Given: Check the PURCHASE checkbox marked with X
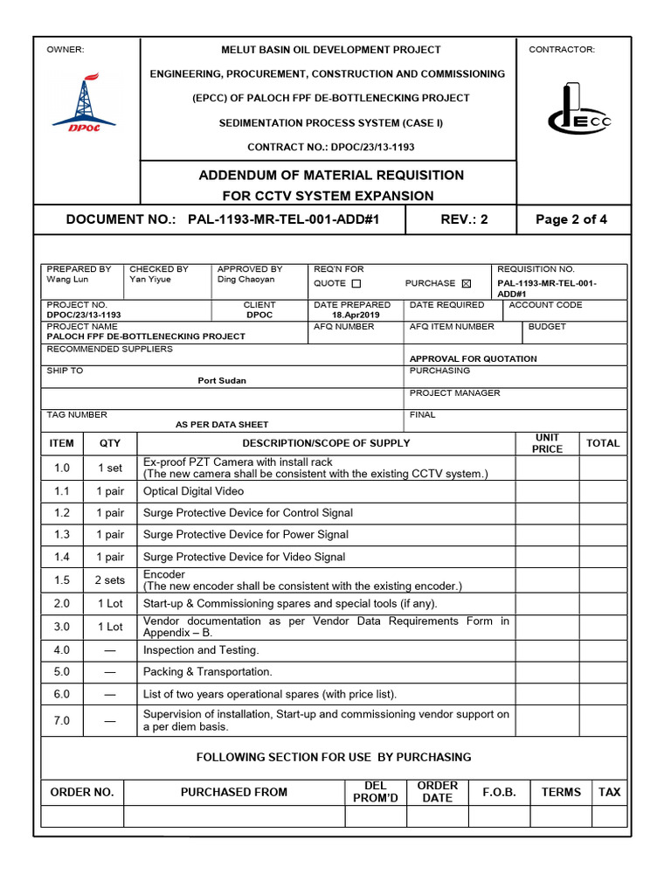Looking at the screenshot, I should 466,283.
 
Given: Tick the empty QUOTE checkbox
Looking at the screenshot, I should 356,283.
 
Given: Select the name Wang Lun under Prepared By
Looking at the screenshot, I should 66,280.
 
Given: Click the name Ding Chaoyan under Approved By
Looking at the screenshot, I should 246,280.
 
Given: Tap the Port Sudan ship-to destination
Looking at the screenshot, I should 222,380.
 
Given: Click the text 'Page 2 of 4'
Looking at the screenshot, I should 571,219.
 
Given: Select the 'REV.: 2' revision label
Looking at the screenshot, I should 464,219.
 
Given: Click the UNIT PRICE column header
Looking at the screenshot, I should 547,443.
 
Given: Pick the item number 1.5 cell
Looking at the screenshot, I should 62,580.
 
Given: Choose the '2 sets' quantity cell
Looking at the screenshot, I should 110,580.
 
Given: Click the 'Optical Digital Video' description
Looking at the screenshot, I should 194,491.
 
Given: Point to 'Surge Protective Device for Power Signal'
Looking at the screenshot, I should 246,534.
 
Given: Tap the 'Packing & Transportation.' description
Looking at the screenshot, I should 208,671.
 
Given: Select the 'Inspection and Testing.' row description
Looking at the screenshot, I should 202,650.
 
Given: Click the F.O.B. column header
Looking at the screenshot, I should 499,792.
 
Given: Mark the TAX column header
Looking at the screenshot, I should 609,792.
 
